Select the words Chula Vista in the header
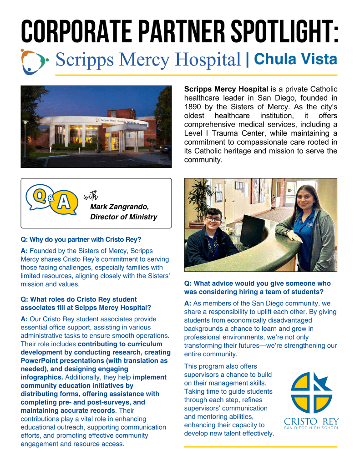[x=295, y=59]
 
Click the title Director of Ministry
[x=123, y=217]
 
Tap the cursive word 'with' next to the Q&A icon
[x=91, y=196]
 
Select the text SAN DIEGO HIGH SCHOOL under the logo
[x=311, y=428]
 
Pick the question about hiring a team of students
[x=257, y=287]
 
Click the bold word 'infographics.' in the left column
[x=42, y=377]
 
